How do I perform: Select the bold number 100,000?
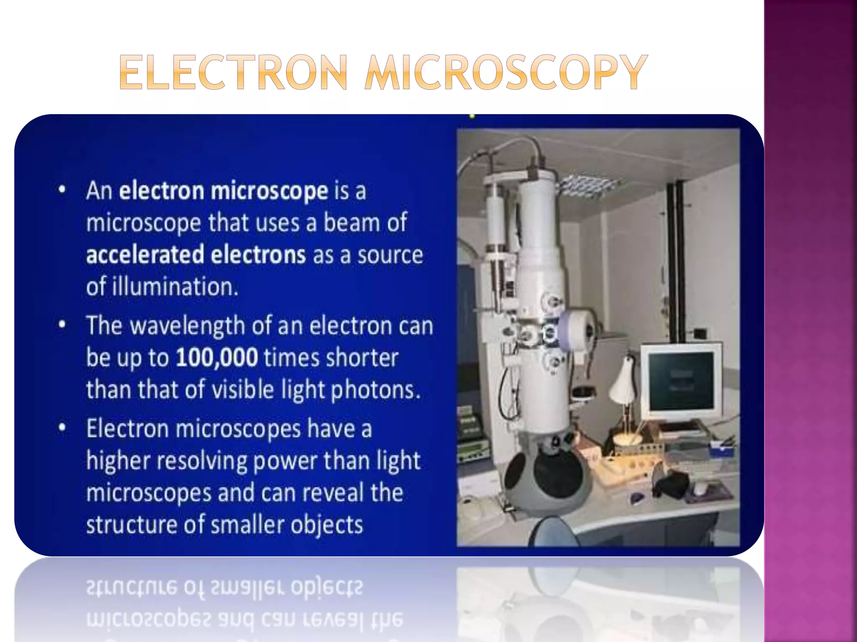[217, 358]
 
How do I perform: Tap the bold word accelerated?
[145, 255]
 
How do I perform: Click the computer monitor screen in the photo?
[681, 381]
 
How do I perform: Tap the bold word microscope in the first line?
[269, 191]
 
